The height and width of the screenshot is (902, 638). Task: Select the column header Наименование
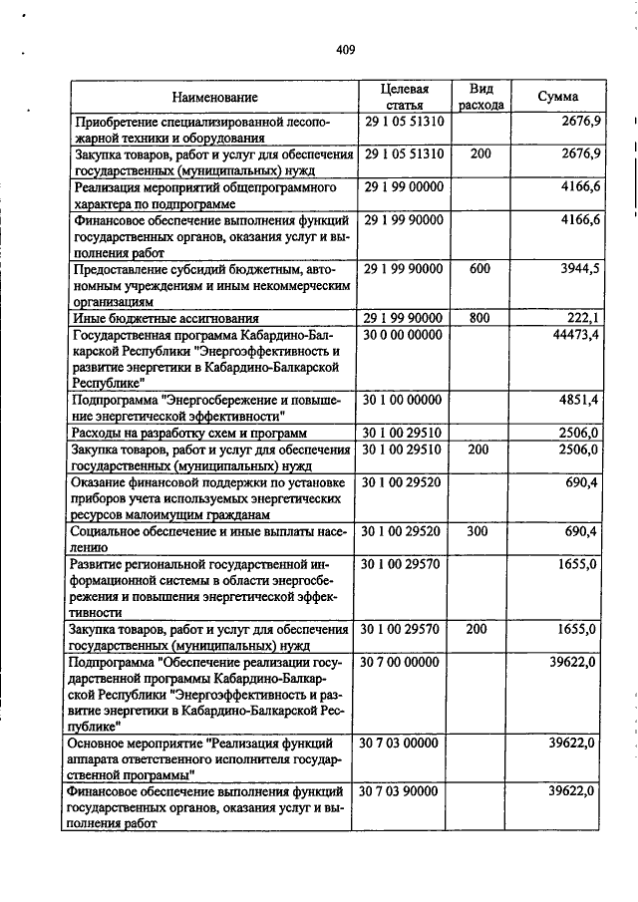(213, 97)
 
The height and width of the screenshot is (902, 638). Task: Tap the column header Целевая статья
(404, 97)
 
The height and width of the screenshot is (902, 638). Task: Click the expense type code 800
(480, 317)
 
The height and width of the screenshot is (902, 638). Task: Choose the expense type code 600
(480, 270)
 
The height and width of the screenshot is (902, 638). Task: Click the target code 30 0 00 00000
(403, 335)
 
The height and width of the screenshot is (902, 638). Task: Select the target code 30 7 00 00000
(403, 662)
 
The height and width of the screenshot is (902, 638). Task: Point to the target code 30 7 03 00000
(403, 743)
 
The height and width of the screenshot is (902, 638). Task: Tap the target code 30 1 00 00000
(403, 400)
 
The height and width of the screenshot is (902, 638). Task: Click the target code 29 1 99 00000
(403, 186)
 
